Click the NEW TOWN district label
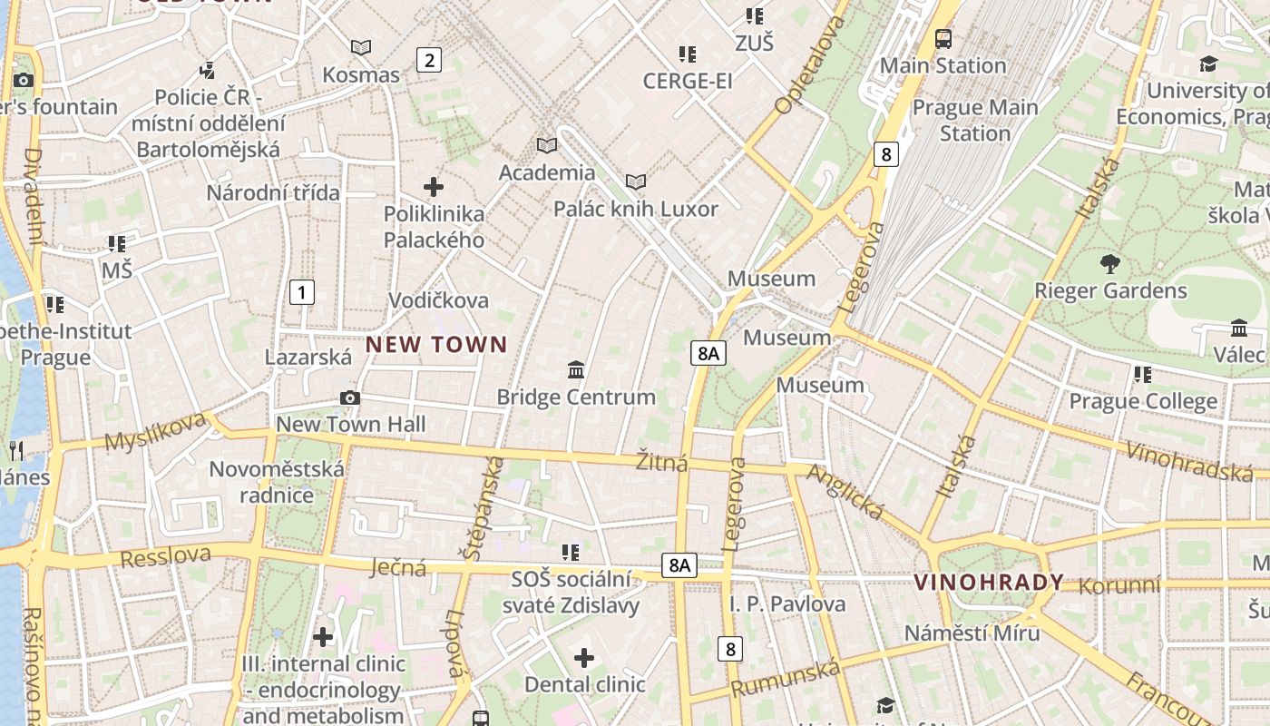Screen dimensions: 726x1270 tap(435, 345)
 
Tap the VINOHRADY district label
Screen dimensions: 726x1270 tap(988, 583)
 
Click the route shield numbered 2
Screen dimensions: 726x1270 tap(428, 61)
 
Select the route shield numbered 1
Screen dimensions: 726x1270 tap(302, 292)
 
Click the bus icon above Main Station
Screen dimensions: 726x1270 tap(943, 39)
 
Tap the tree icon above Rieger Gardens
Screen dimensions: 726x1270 tap(1109, 264)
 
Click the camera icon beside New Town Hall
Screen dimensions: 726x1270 tap(349, 397)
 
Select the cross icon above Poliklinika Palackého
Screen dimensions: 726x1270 tap(434, 187)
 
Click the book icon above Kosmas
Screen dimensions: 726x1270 tap(361, 47)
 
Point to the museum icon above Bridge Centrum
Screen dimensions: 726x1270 tap(576, 369)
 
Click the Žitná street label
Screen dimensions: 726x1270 tap(661, 462)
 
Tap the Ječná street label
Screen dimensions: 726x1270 tap(398, 568)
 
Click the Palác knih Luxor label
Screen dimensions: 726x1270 tap(636, 210)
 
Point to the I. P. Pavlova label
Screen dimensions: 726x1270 tap(786, 604)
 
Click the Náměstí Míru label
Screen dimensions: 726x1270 tap(972, 633)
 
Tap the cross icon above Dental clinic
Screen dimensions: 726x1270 tap(584, 657)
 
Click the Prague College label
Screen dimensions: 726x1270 tap(1143, 401)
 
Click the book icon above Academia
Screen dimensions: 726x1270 tap(547, 145)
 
